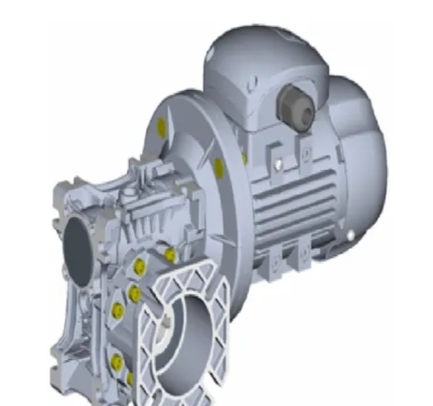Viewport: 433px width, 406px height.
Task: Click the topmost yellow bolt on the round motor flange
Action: coord(162,128)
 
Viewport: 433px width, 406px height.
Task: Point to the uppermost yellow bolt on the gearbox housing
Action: coord(171,255)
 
